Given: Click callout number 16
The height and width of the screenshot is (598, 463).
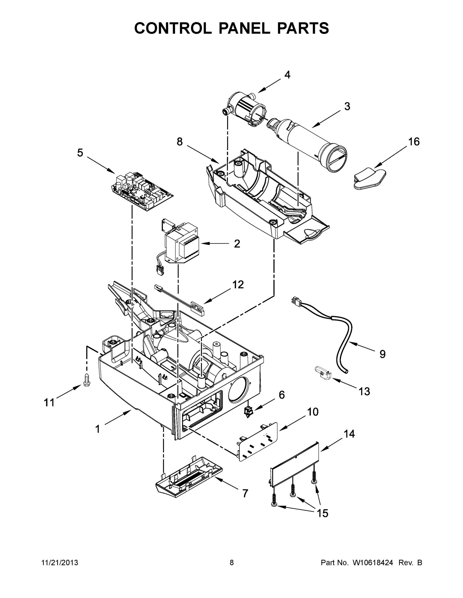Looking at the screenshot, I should (x=414, y=142).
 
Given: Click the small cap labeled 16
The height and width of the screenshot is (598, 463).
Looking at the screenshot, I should (x=369, y=178).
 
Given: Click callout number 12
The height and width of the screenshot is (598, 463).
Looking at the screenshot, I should (x=238, y=285).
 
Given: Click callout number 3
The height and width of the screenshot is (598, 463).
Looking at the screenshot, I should (x=347, y=106).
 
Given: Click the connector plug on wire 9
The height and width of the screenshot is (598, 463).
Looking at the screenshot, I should (x=296, y=302).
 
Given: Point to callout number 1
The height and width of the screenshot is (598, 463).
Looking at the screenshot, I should (x=98, y=429).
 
